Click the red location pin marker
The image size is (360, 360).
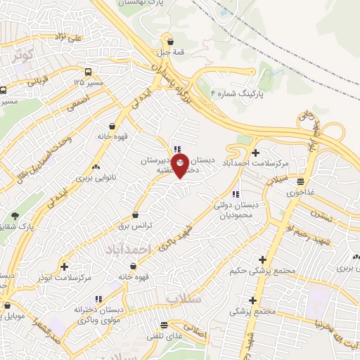pyautogui.click(x=181, y=167)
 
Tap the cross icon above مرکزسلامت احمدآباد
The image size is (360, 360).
pyautogui.click(x=255, y=152)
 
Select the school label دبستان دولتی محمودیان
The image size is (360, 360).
pyautogui.click(x=236, y=209)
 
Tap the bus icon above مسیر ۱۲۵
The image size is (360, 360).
pyautogui.click(x=88, y=72)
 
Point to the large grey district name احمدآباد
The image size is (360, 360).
pyautogui.click(x=128, y=250)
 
